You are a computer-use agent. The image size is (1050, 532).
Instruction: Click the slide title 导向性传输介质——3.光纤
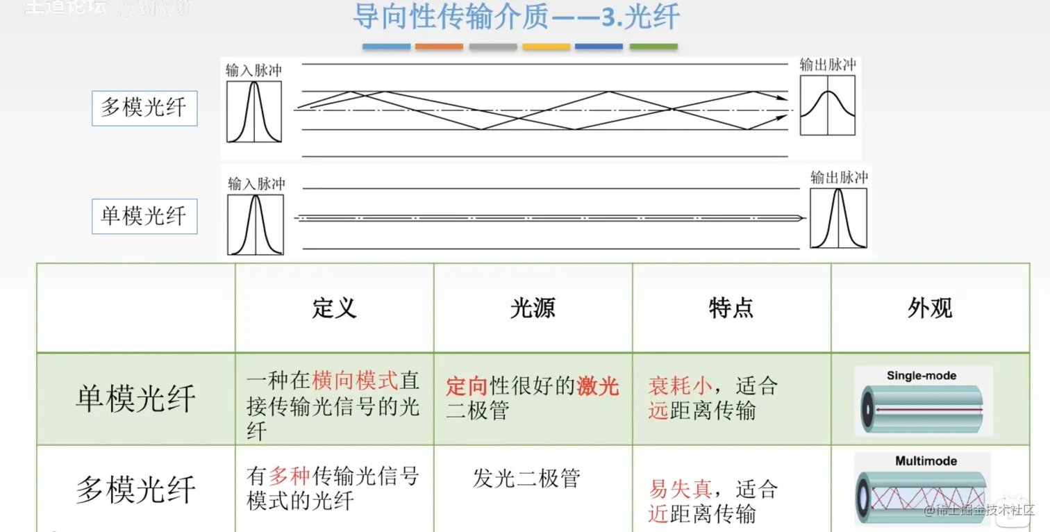[515, 18]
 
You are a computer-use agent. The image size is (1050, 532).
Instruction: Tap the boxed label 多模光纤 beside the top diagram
[144, 108]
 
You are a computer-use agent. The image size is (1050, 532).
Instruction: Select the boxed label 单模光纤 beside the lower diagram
[144, 216]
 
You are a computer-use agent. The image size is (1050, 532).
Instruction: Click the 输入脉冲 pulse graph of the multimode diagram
[254, 112]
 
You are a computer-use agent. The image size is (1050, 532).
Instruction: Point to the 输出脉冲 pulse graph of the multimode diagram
[827, 105]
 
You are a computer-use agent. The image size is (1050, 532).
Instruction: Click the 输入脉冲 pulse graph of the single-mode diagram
[256, 224]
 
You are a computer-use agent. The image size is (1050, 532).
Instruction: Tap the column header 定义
[334, 308]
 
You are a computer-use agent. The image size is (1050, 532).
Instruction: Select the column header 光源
[533, 308]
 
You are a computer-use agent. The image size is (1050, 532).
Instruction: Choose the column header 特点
[731, 308]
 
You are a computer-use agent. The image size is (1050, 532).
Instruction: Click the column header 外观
[930, 308]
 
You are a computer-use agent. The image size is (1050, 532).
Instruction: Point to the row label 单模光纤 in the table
[135, 399]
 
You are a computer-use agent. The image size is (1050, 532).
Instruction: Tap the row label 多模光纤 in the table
[135, 490]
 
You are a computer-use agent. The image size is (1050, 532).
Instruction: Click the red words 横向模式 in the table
[356, 381]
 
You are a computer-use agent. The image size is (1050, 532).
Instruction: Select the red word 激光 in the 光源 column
[598, 386]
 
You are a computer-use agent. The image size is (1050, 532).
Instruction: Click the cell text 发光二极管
[526, 479]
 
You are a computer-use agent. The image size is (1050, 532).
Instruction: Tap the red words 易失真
[680, 490]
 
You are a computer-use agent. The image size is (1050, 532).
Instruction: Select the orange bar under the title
[439, 47]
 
